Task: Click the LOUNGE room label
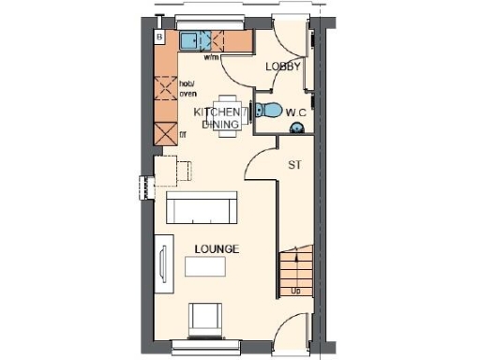217,249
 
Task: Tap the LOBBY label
282,67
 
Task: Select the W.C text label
297,113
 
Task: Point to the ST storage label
293,165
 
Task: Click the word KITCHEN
212,112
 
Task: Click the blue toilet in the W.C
269,112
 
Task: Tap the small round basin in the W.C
256,112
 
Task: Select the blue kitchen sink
194,40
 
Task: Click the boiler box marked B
160,37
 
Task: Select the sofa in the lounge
202,208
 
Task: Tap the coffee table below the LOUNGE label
206,267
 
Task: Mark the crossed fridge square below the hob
165,130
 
